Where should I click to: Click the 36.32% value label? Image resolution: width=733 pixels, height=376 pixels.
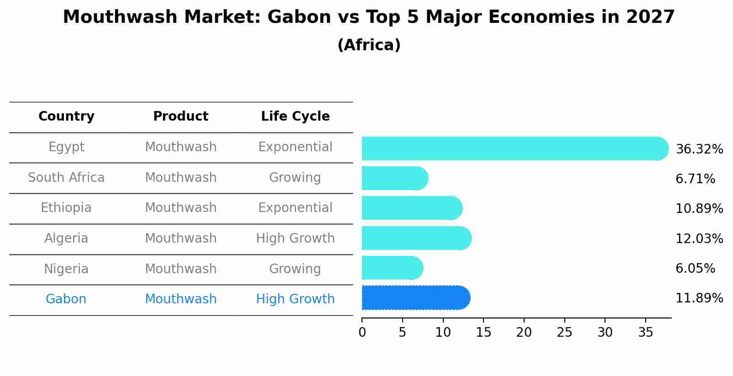[x=699, y=149]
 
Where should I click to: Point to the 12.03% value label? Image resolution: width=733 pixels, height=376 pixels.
[x=699, y=239]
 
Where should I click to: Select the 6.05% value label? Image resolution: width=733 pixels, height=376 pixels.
[x=695, y=269]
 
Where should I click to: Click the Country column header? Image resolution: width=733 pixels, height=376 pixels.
[x=66, y=117]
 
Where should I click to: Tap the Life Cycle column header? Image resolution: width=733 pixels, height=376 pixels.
[x=295, y=117]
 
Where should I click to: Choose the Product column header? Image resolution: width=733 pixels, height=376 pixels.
[x=181, y=117]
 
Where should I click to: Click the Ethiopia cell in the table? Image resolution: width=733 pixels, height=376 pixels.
[x=66, y=208]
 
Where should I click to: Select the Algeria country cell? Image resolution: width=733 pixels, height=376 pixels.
[x=66, y=238]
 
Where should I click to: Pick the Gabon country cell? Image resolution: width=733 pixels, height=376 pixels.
[x=66, y=299]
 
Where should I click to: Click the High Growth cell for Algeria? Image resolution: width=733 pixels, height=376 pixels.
[x=295, y=238]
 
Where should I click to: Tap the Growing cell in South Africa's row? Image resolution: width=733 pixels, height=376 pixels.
[x=295, y=178]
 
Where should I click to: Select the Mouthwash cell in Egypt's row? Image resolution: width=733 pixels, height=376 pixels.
[x=181, y=147]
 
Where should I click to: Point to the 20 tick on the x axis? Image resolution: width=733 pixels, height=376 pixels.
[x=524, y=333]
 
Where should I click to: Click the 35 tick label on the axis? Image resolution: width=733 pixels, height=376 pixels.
[x=645, y=333]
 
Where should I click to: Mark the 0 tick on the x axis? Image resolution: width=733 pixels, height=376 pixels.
[x=362, y=333]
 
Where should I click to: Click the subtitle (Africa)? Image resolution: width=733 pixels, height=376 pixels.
[x=369, y=45]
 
